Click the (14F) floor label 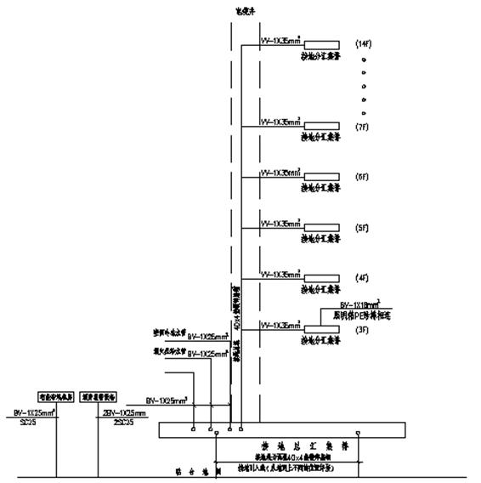(362, 42)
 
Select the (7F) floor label (362, 128)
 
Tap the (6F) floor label (362, 177)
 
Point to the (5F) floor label (362, 227)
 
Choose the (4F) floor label (362, 278)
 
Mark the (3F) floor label (362, 328)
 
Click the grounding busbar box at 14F (323, 43)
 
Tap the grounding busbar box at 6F (323, 177)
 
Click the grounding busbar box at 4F (323, 277)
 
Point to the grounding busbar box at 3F (323, 328)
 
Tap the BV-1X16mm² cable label (359, 304)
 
